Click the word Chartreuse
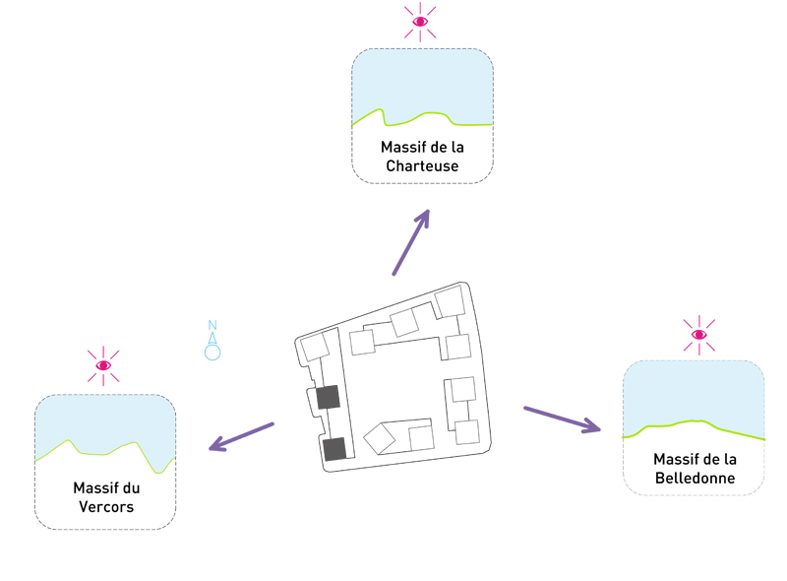coord(422,166)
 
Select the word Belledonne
coord(695,480)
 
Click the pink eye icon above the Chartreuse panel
coord(421,21)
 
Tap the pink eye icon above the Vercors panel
coord(103,365)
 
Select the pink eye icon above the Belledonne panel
coord(698,335)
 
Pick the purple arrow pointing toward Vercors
coord(241,437)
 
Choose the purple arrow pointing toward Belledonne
coord(562,420)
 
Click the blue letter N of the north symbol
coord(212,326)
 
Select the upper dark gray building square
coord(329,397)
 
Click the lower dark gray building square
coord(335,449)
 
